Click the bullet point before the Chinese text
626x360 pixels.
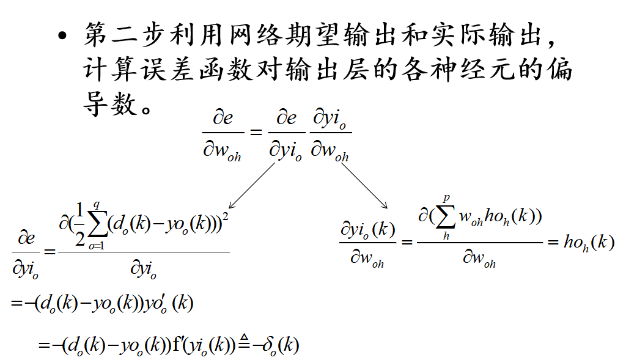pyautogui.click(x=62, y=36)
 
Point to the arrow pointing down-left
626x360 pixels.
pyautogui.click(x=251, y=186)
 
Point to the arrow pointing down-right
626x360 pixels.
pyautogui.click(x=364, y=186)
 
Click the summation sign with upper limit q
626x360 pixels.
pyautogui.click(x=97, y=226)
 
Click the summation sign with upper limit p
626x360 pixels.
pyautogui.click(x=446, y=217)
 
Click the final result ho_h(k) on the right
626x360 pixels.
pyautogui.click(x=589, y=242)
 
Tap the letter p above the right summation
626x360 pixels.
pyautogui.click(x=446, y=198)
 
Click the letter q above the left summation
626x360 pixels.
pyautogui.click(x=96, y=205)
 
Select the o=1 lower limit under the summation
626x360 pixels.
pyautogui.click(x=96, y=246)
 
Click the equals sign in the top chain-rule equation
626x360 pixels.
pyautogui.click(x=256, y=131)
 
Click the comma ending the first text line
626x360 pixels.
pyautogui.click(x=551, y=42)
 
